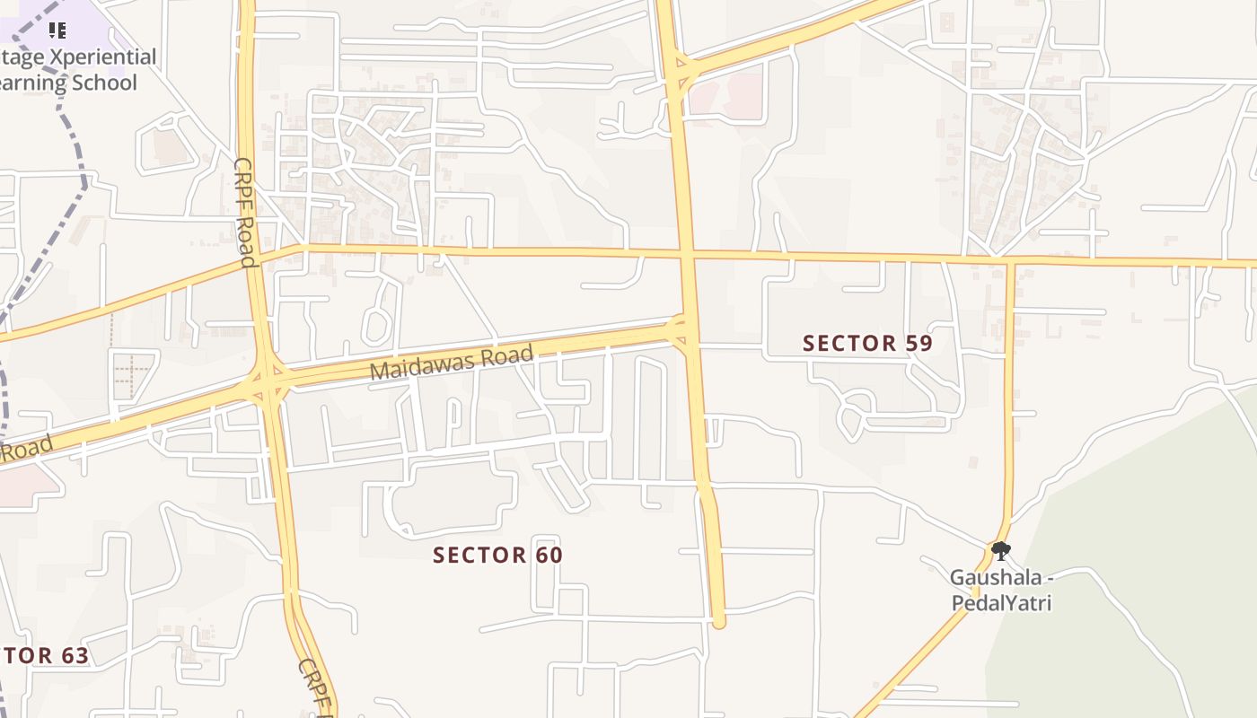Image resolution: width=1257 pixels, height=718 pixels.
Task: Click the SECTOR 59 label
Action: (x=867, y=343)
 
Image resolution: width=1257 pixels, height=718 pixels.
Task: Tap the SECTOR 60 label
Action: (x=497, y=556)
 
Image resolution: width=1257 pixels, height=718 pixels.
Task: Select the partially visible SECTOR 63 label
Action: (x=45, y=655)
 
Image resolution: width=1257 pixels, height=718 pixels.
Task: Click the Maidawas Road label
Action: (x=452, y=363)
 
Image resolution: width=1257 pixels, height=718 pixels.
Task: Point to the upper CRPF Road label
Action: (x=246, y=213)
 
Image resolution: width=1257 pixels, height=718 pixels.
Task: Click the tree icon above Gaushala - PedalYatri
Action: (x=1001, y=551)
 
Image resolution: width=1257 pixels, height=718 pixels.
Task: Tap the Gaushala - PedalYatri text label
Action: (x=1001, y=590)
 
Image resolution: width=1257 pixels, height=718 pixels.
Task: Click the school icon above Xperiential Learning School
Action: (x=57, y=31)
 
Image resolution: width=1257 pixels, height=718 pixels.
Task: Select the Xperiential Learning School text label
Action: (x=76, y=70)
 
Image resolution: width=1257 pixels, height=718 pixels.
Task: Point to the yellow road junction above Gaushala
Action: (x=1009, y=262)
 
